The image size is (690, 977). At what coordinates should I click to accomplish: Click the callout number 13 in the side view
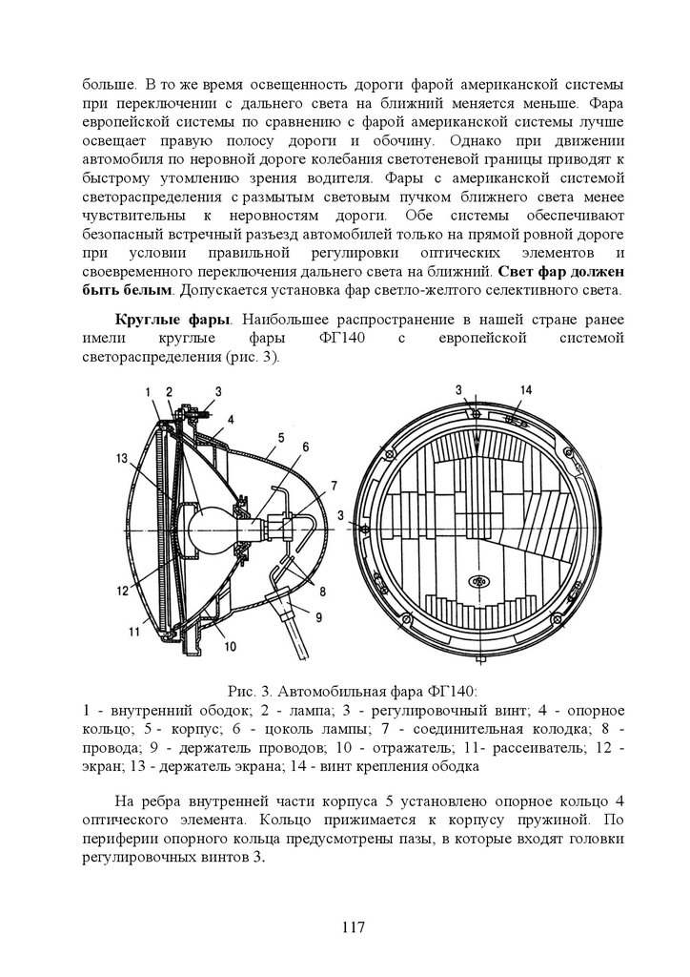click(x=122, y=459)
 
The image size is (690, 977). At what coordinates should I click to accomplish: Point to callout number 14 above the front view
click(x=526, y=390)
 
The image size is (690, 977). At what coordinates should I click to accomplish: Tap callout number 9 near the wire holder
click(x=319, y=614)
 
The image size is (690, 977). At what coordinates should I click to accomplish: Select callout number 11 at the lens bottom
click(x=134, y=630)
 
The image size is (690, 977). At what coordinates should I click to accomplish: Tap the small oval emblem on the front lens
click(x=477, y=580)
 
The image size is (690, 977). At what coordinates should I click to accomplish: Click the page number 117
click(x=354, y=926)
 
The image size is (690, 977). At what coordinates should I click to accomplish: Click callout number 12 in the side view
click(x=122, y=591)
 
